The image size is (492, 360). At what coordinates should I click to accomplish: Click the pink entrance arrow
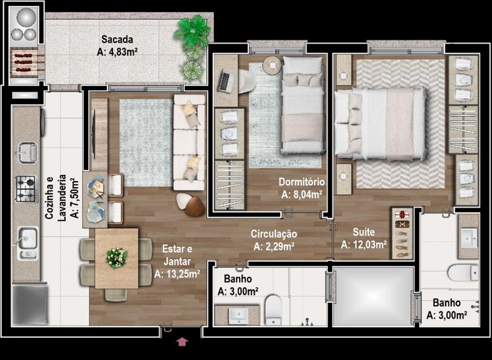182,342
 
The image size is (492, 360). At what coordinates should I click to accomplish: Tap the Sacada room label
117,40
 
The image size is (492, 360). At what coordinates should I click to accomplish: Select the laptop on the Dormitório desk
226,81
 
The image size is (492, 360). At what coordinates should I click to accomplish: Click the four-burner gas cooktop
26,189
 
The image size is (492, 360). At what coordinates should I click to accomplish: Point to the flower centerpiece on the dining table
117,258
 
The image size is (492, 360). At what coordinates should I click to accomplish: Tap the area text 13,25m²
177,274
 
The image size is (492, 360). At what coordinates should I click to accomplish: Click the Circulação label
274,234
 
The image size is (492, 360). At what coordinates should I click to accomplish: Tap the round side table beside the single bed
272,65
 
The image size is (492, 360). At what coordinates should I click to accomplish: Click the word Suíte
364,232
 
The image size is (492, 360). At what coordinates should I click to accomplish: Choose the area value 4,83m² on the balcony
117,52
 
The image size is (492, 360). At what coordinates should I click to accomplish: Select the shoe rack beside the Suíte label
402,233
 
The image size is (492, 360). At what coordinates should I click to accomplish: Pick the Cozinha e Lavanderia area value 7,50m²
74,199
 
